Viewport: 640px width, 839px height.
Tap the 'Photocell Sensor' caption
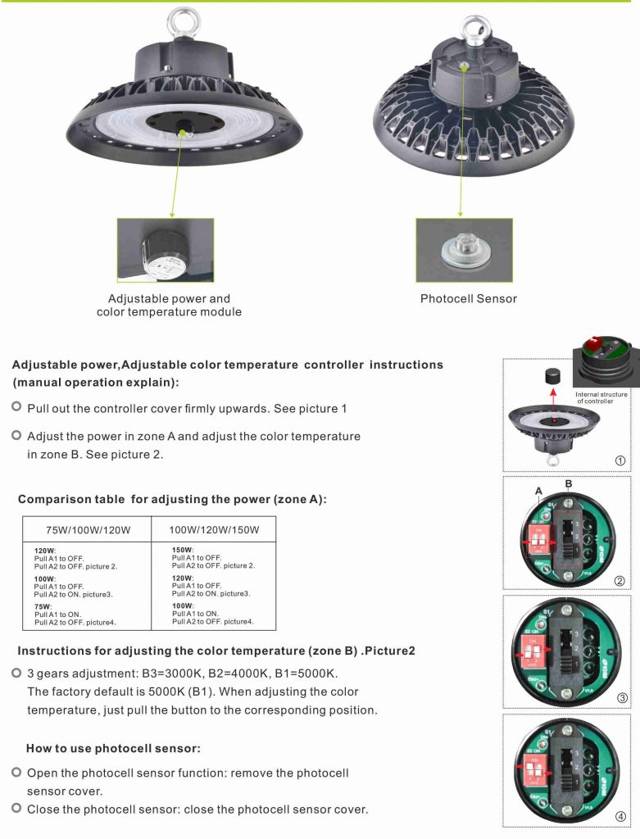point(468,299)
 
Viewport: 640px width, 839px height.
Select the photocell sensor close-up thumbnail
point(464,250)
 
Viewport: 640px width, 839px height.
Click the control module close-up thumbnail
point(166,250)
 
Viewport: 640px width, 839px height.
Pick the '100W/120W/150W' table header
point(214,530)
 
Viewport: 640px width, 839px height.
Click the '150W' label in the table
point(182,550)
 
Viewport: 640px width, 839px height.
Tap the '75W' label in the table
point(43,607)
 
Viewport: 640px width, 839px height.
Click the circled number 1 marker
point(620,460)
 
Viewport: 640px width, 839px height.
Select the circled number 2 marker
point(620,581)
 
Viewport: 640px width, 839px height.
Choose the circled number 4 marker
point(620,817)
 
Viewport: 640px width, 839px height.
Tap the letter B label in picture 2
point(568,483)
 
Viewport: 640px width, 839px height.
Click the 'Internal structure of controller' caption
point(601,398)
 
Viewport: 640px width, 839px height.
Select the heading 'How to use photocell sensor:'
point(113,749)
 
